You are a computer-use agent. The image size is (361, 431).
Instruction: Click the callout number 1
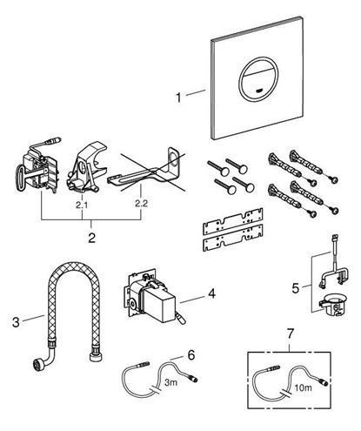pyautogui.click(x=178, y=98)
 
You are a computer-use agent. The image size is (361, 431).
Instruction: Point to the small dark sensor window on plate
pyautogui.click(x=259, y=91)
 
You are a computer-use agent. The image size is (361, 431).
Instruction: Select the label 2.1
pyautogui.click(x=82, y=205)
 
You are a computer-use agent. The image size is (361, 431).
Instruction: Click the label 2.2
pyautogui.click(x=141, y=204)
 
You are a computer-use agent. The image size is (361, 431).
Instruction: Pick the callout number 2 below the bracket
pyautogui.click(x=91, y=238)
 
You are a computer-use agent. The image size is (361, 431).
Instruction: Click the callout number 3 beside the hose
pyautogui.click(x=16, y=322)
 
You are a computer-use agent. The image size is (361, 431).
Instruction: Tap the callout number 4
pyautogui.click(x=212, y=293)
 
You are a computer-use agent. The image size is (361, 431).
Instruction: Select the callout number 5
pyautogui.click(x=296, y=288)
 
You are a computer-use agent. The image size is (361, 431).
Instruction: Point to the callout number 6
pyautogui.click(x=191, y=355)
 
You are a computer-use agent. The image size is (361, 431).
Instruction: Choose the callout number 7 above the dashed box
pyautogui.click(x=291, y=333)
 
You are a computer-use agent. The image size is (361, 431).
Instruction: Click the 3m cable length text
pyautogui.click(x=170, y=382)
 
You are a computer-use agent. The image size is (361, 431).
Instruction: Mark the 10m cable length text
pyautogui.click(x=304, y=387)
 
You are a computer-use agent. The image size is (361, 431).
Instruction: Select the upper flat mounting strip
pyautogui.click(x=232, y=221)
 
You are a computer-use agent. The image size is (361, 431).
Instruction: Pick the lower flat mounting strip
pyautogui.click(x=232, y=238)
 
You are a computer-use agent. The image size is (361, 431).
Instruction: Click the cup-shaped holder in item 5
pyautogui.click(x=332, y=306)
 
